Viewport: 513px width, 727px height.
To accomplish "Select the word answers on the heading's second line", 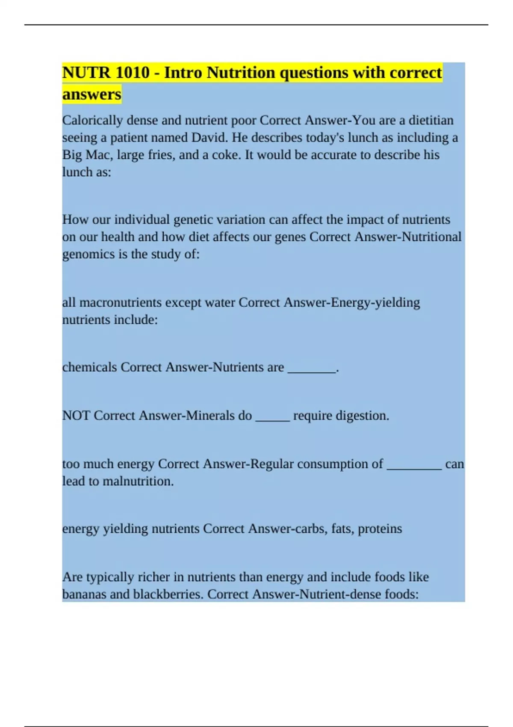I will [91, 94].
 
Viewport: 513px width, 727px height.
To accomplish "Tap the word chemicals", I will [89, 367].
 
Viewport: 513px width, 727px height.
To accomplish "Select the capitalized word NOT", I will [76, 416].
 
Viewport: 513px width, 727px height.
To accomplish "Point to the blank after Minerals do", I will [272, 417].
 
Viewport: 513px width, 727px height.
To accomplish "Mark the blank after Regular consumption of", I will [414, 465].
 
